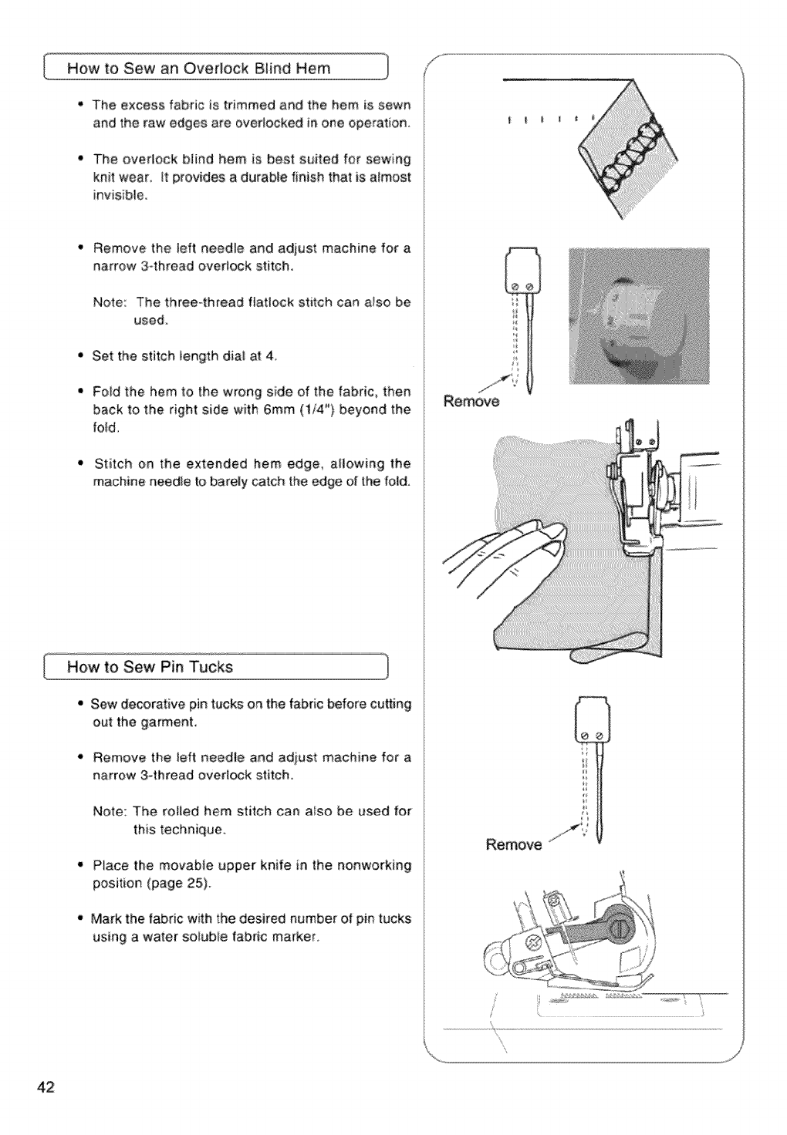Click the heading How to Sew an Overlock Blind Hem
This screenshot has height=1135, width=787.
point(199,68)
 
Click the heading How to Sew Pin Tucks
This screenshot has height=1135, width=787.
point(150,667)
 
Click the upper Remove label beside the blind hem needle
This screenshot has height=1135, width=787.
point(471,402)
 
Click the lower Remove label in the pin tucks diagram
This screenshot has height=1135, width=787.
point(514,844)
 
